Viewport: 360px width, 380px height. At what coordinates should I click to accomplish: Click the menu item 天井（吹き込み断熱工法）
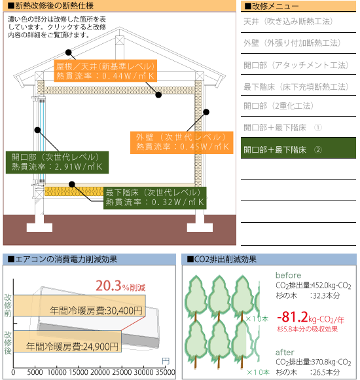point(288,22)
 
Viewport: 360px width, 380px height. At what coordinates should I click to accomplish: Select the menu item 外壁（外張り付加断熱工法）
point(292,43)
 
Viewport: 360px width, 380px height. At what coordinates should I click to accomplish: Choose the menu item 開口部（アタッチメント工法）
point(296,65)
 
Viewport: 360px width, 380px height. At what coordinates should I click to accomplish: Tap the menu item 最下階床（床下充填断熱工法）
point(296,86)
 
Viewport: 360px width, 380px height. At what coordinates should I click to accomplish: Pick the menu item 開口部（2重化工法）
point(279,106)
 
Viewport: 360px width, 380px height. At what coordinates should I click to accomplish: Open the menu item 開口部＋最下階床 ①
point(283,128)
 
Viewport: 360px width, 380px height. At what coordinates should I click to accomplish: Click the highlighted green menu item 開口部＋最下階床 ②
point(298,148)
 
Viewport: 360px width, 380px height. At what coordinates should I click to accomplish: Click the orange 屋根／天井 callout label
point(105,71)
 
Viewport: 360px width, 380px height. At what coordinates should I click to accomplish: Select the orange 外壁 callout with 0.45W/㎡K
point(181,143)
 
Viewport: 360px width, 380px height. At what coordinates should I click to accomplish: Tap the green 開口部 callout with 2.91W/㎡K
point(57,162)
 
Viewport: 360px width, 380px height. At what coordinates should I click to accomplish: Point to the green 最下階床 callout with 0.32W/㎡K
point(155,198)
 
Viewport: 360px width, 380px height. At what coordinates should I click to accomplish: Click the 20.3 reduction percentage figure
point(108,286)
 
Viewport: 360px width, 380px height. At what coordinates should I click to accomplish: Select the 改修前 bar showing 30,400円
point(79,305)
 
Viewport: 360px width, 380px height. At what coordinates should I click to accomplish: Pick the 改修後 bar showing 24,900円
point(67,341)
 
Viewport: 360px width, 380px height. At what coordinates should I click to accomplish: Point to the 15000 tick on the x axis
point(78,372)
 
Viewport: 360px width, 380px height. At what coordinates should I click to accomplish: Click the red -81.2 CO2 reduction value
point(293,317)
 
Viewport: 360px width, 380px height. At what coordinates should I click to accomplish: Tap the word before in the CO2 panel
point(289,275)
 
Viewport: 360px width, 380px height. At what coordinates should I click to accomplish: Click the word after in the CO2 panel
point(285,352)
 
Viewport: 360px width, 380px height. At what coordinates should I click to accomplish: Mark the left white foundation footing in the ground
point(39,223)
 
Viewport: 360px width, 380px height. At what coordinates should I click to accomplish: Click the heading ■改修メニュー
point(272,7)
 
